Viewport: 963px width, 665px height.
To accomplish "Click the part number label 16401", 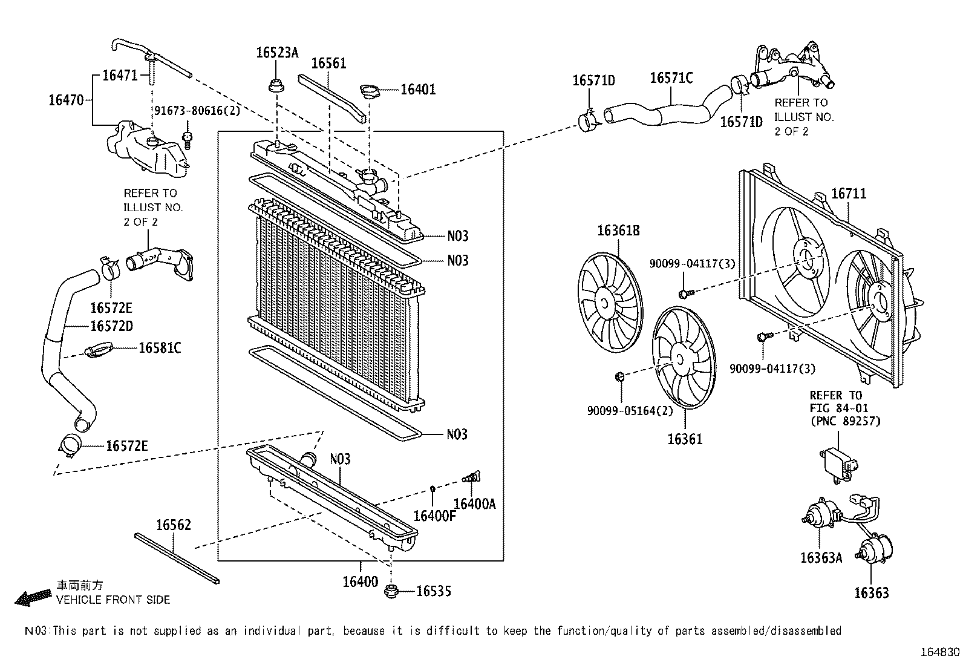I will click(x=418, y=90).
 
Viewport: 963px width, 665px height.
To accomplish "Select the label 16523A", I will click(x=277, y=53).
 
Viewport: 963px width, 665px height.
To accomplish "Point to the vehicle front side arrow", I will click(x=33, y=598).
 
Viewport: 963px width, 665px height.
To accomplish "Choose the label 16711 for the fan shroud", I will click(x=848, y=194).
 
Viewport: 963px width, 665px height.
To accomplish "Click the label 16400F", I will click(x=434, y=516).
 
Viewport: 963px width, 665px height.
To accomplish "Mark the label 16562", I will click(x=173, y=525).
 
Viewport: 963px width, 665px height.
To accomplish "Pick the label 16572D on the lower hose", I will click(x=111, y=326).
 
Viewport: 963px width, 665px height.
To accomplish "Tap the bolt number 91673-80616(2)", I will click(x=197, y=111).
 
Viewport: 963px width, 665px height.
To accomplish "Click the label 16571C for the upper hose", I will click(x=671, y=78).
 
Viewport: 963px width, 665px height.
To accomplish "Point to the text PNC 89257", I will click(x=845, y=421).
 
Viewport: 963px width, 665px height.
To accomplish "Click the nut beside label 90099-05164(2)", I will click(x=619, y=378).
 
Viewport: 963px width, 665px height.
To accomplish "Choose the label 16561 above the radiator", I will click(x=328, y=64).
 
